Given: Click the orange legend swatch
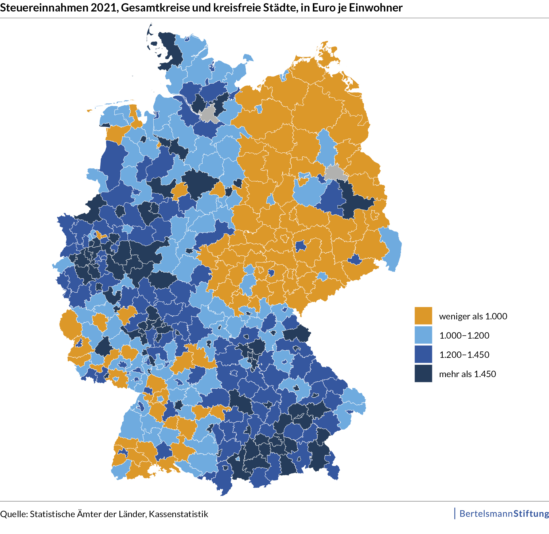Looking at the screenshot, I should [x=423, y=316].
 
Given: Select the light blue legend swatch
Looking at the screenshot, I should [x=423, y=335].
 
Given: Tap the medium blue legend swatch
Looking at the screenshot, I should [x=423, y=354].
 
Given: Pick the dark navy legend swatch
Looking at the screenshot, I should [x=423, y=373].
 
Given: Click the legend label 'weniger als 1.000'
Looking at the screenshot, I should [x=473, y=316].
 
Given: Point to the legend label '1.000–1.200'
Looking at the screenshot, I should [x=464, y=335].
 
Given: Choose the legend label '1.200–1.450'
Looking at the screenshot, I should [x=464, y=355].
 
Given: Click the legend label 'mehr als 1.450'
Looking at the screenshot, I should [x=467, y=374].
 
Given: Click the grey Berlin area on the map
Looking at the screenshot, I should [x=335, y=173].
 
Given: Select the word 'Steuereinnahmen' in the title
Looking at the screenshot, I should [x=44, y=7].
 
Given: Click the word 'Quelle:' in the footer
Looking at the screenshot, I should [x=14, y=514].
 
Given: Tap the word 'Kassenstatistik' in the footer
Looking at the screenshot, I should [x=178, y=514].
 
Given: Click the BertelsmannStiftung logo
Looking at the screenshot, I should [x=504, y=513].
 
